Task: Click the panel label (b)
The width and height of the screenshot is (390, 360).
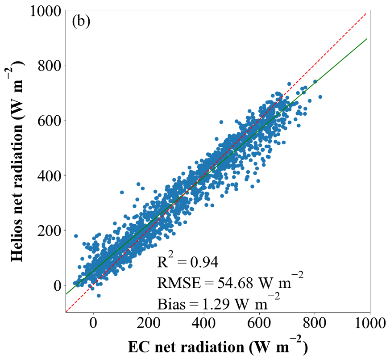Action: (81, 22)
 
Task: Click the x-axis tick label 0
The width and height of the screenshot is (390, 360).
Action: (93, 323)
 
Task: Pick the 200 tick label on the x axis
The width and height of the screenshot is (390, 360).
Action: (149, 323)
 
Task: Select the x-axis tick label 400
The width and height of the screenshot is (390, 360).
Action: (204, 323)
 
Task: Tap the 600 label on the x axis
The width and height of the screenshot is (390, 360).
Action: (259, 323)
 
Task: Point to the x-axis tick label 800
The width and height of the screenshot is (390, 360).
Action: (315, 323)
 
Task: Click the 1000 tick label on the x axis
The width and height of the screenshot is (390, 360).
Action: (370, 323)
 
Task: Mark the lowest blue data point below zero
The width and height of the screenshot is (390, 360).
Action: (99, 296)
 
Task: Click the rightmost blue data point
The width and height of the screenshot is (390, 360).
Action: (320, 97)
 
